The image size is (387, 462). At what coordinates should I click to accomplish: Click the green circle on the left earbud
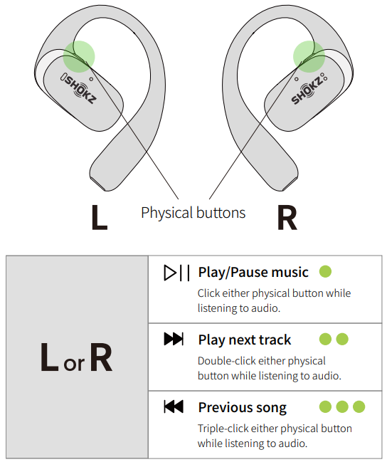click(x=79, y=56)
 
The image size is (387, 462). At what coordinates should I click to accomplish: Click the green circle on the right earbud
click(x=309, y=56)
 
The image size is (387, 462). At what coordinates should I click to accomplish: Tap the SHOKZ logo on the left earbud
click(x=79, y=88)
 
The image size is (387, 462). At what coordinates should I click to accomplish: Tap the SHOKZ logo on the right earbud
click(x=309, y=89)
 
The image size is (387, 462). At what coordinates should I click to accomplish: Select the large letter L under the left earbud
click(x=100, y=217)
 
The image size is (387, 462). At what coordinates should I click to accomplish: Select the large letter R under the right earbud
click(x=287, y=217)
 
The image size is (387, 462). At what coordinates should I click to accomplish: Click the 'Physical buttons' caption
click(x=193, y=213)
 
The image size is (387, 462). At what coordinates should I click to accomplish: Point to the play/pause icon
click(x=176, y=273)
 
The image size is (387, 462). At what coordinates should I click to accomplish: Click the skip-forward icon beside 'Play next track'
click(x=174, y=339)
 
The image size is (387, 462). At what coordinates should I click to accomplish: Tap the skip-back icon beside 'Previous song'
click(x=174, y=406)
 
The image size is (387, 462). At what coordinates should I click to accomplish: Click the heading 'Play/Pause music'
click(x=253, y=272)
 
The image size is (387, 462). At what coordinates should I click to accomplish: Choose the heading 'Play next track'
click(x=245, y=340)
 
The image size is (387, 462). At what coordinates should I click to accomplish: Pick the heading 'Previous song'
click(x=243, y=407)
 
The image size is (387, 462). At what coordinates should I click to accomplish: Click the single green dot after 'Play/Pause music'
click(x=325, y=271)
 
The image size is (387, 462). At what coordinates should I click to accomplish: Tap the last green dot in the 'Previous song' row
click(x=359, y=406)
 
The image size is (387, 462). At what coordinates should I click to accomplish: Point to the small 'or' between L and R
click(x=74, y=364)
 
